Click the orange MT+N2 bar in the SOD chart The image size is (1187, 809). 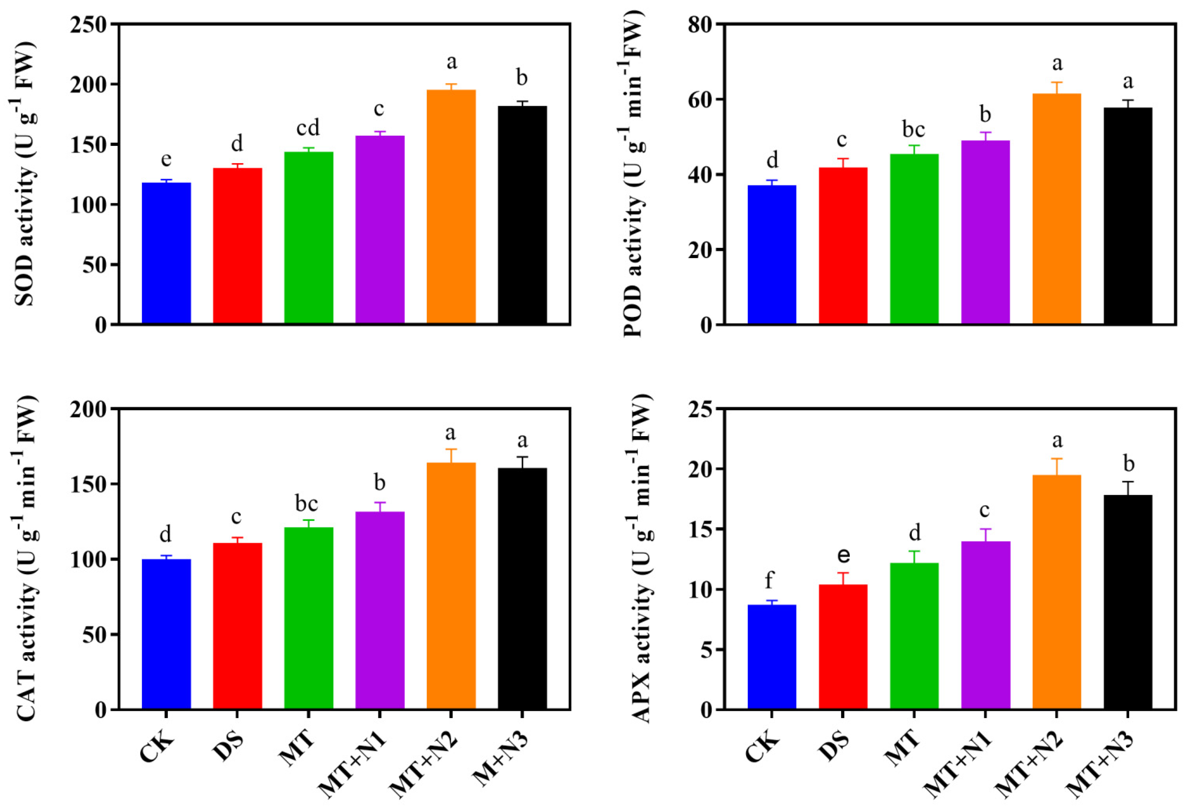coord(451,207)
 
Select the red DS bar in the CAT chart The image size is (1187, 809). coord(238,626)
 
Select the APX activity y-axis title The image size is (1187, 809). coord(641,559)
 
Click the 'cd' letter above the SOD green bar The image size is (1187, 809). coord(308,128)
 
